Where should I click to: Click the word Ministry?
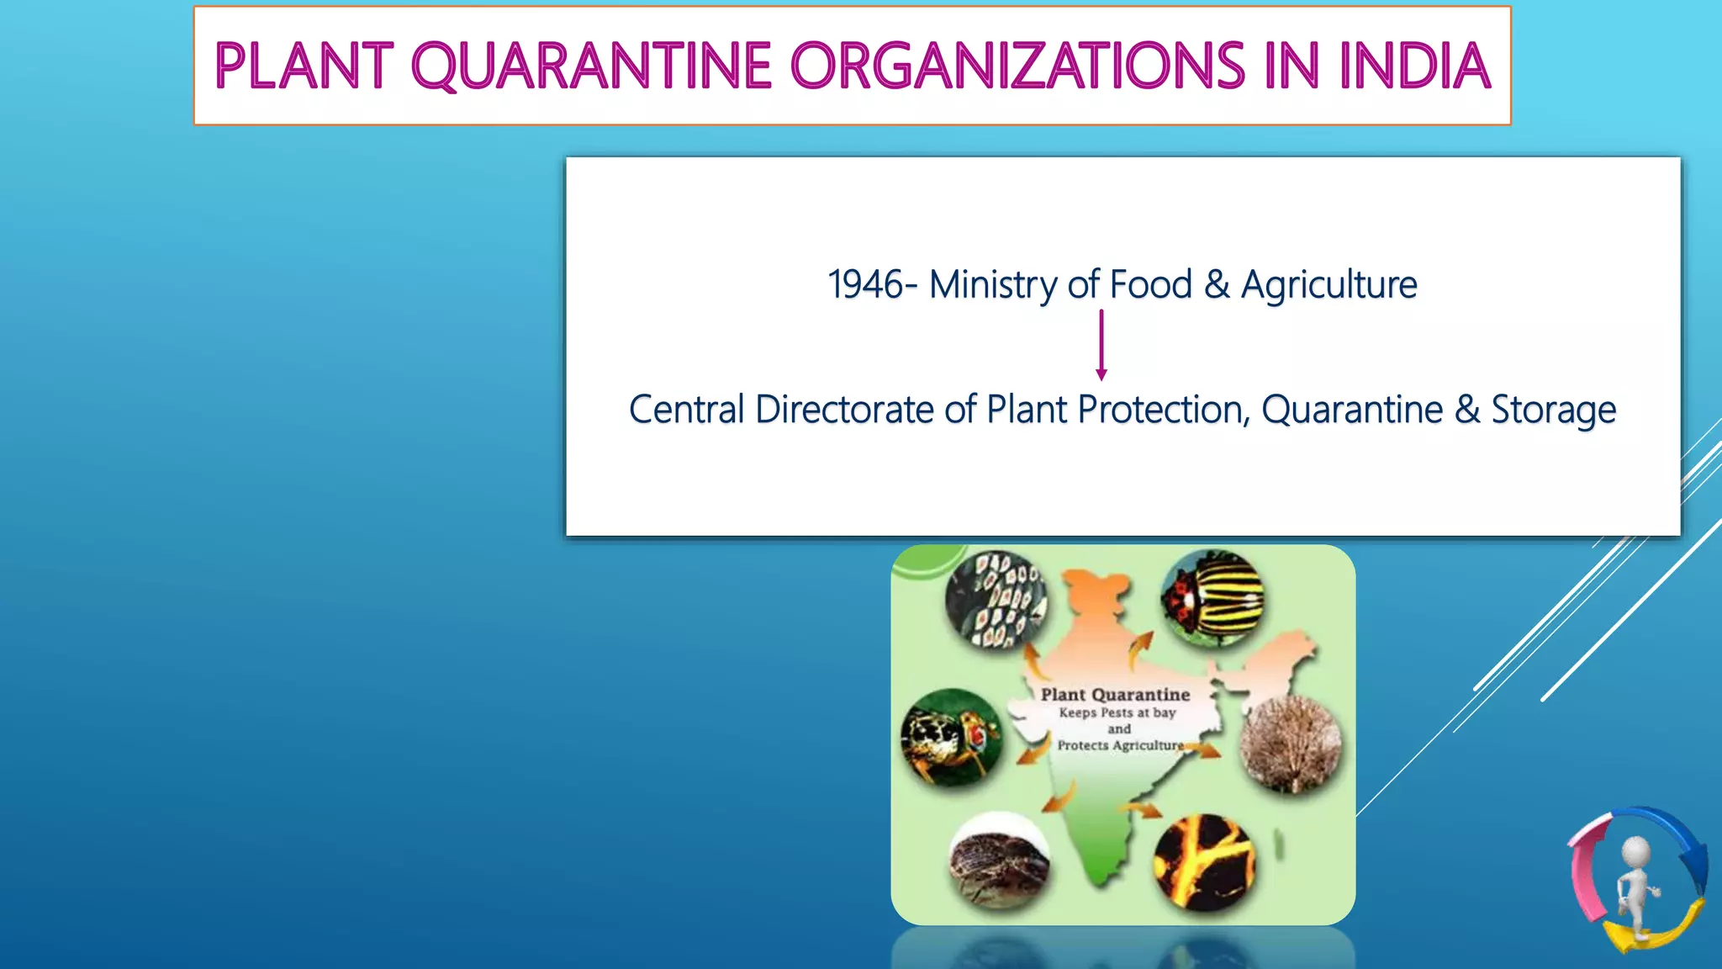point(993,284)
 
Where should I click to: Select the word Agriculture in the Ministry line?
point(1328,284)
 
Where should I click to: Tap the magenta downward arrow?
point(1101,345)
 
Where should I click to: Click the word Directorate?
point(844,410)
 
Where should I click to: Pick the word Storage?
point(1553,410)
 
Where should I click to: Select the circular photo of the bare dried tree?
point(1291,744)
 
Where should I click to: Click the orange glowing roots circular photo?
point(1204,863)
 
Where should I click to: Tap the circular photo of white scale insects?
point(996,600)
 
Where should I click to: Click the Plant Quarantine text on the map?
point(1115,695)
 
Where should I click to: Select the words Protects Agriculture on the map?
point(1120,745)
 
